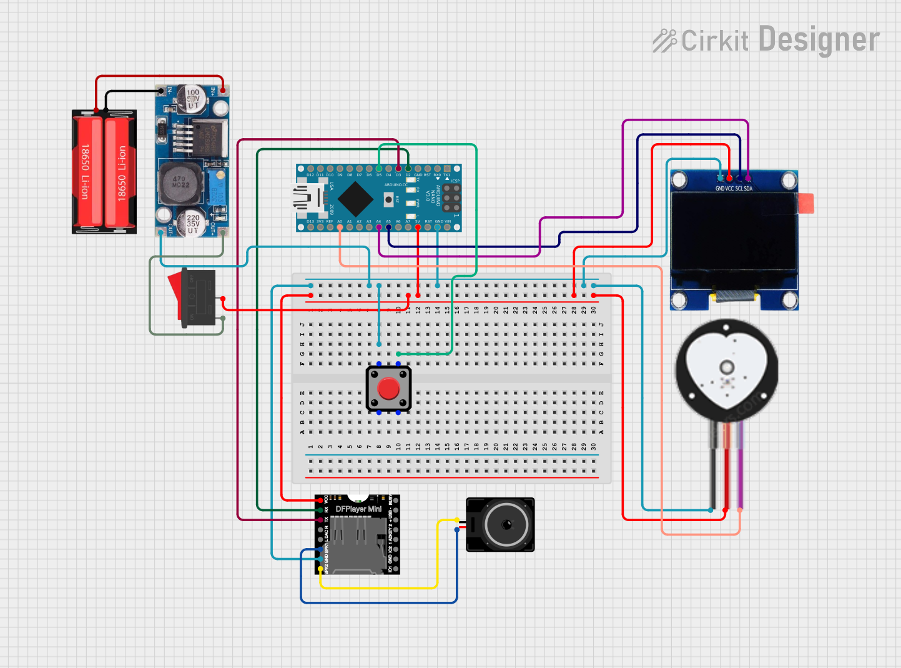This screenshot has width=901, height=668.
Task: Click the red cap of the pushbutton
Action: coord(388,388)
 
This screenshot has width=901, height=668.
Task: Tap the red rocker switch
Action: coord(175,294)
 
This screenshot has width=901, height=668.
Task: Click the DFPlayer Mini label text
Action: coord(358,509)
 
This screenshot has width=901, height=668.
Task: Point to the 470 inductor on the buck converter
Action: coord(180,182)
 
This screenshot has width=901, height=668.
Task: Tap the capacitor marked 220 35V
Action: coord(192,223)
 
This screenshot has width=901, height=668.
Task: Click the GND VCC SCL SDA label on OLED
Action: coord(734,189)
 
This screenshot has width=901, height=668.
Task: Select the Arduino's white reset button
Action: coord(389,199)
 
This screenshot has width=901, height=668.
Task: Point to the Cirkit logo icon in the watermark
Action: coord(664,41)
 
